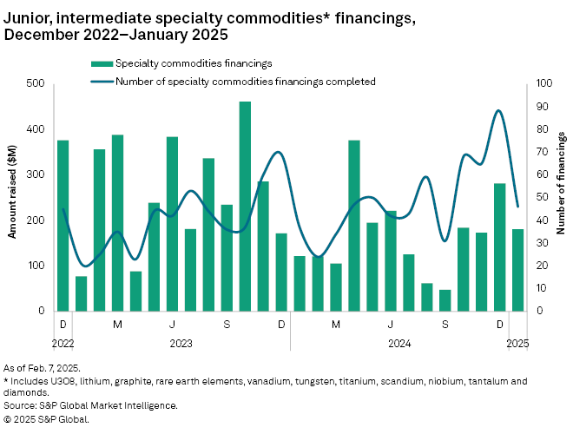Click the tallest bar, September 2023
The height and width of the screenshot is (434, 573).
click(x=245, y=207)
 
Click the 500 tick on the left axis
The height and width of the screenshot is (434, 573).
click(x=36, y=83)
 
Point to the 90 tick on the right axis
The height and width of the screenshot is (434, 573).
click(x=542, y=107)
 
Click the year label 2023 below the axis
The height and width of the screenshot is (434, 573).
click(x=181, y=343)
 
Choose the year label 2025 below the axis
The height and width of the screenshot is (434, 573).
click(x=518, y=343)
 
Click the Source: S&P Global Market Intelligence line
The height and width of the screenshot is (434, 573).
click(x=91, y=405)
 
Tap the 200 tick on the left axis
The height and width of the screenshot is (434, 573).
click(x=36, y=220)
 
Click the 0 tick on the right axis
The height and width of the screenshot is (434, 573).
click(x=539, y=311)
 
